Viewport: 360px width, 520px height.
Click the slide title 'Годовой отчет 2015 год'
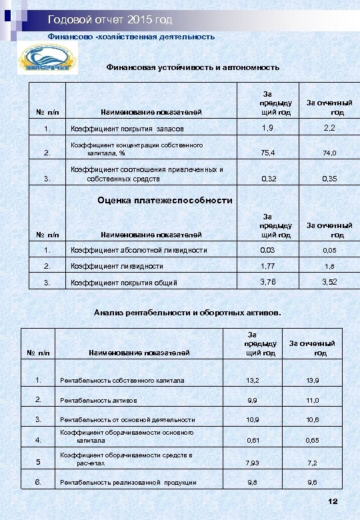(x=110, y=19)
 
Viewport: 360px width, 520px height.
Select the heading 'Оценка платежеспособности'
(x=165, y=200)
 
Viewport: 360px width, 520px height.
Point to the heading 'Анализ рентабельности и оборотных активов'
(x=187, y=312)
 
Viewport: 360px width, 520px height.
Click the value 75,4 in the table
(x=268, y=153)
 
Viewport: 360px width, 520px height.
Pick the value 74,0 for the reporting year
(x=329, y=153)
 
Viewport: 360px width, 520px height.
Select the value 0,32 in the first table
(x=269, y=179)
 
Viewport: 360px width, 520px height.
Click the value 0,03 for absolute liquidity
(x=268, y=250)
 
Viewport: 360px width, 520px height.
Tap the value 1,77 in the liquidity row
(x=268, y=266)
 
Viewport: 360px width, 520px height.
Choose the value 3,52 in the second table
(x=329, y=282)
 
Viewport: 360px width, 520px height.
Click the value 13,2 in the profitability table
(x=253, y=381)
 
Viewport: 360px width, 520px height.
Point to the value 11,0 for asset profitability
(x=313, y=401)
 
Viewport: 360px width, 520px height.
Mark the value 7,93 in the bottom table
(x=253, y=463)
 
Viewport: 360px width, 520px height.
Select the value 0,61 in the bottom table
(x=253, y=441)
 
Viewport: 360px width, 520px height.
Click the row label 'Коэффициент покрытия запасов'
(x=127, y=129)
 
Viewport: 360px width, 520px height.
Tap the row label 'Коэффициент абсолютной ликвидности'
(x=139, y=251)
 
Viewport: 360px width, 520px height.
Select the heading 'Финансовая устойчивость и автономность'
(x=193, y=67)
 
